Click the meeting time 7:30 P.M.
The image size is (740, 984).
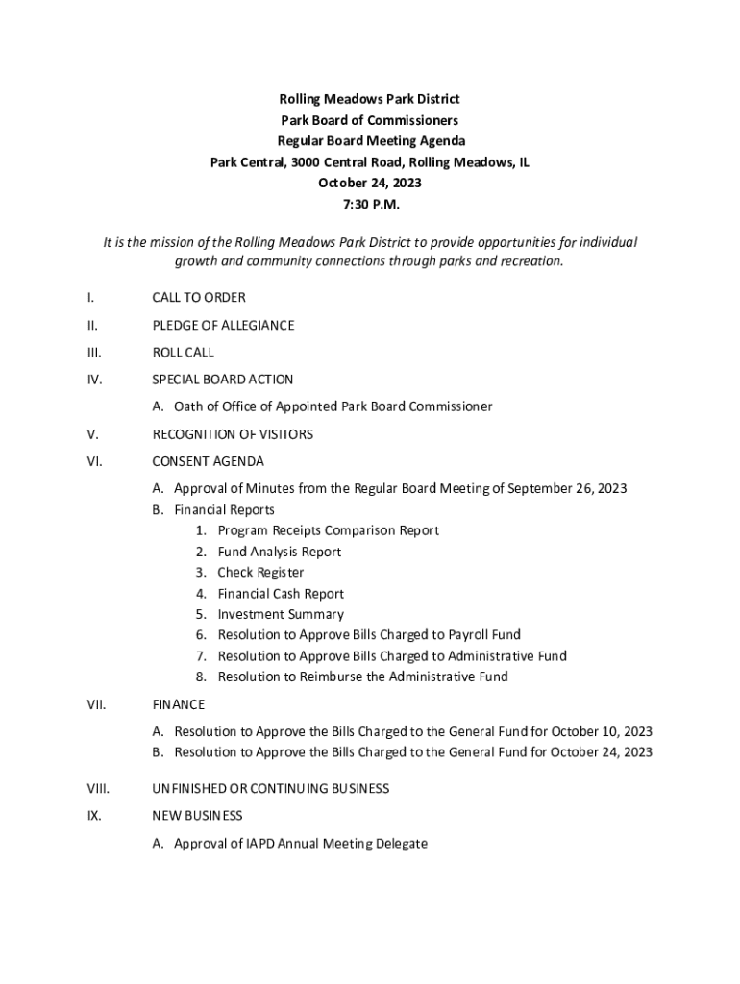(370, 204)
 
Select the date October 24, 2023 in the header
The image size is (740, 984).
(370, 183)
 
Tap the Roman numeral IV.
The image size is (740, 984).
(94, 380)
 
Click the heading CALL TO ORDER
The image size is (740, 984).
(199, 298)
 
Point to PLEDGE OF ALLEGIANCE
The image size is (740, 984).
(223, 325)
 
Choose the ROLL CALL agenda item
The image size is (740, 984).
(184, 353)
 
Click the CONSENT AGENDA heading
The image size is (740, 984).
(208, 461)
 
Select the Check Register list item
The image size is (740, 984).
(260, 573)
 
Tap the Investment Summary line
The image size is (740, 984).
(281, 614)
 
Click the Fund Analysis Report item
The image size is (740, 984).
(280, 552)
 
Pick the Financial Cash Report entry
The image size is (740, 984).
(281, 594)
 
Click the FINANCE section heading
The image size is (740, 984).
(178, 704)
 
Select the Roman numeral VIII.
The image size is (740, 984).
(98, 789)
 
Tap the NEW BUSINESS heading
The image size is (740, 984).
(198, 816)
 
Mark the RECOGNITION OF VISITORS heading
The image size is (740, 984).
(233, 434)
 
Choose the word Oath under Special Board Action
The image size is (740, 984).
(188, 406)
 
